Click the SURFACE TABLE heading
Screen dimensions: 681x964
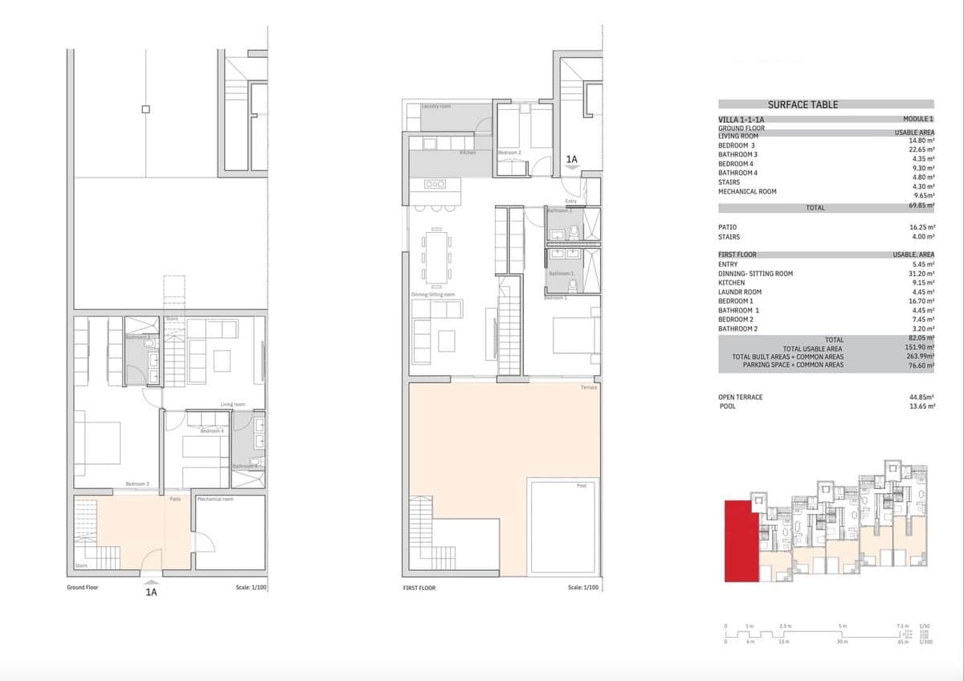click(803, 104)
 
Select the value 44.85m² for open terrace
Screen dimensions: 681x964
click(921, 398)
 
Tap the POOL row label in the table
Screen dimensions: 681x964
click(727, 406)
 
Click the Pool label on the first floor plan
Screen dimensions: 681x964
click(582, 486)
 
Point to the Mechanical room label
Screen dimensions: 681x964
click(215, 500)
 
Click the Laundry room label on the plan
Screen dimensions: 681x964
click(436, 106)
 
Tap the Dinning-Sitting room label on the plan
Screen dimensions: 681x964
click(433, 295)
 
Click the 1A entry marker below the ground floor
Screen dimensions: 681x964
click(150, 592)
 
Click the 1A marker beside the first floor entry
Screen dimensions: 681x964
click(572, 160)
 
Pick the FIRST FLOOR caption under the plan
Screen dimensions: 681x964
click(419, 588)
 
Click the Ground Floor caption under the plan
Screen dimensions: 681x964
click(82, 588)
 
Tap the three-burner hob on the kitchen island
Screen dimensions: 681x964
click(435, 184)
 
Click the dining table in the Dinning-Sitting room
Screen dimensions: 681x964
click(436, 256)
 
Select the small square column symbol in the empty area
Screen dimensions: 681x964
click(145, 109)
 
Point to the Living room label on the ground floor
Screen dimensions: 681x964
click(233, 405)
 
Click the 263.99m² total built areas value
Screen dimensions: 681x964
click(921, 357)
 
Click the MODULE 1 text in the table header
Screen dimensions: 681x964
click(918, 119)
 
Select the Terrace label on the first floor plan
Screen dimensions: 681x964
click(589, 388)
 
